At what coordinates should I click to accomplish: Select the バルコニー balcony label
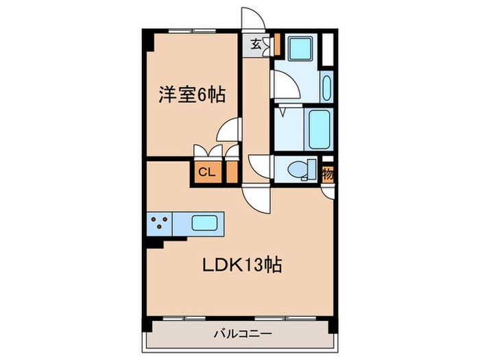[243, 334]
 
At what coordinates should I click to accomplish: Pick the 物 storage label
[328, 174]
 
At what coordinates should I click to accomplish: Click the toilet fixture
[297, 169]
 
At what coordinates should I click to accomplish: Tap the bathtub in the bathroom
[319, 129]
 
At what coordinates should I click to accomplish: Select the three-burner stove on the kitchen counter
[160, 223]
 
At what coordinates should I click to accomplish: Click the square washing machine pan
[300, 49]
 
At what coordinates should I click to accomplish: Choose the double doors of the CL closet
[207, 152]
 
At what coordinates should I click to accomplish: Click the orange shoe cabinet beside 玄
[269, 45]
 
